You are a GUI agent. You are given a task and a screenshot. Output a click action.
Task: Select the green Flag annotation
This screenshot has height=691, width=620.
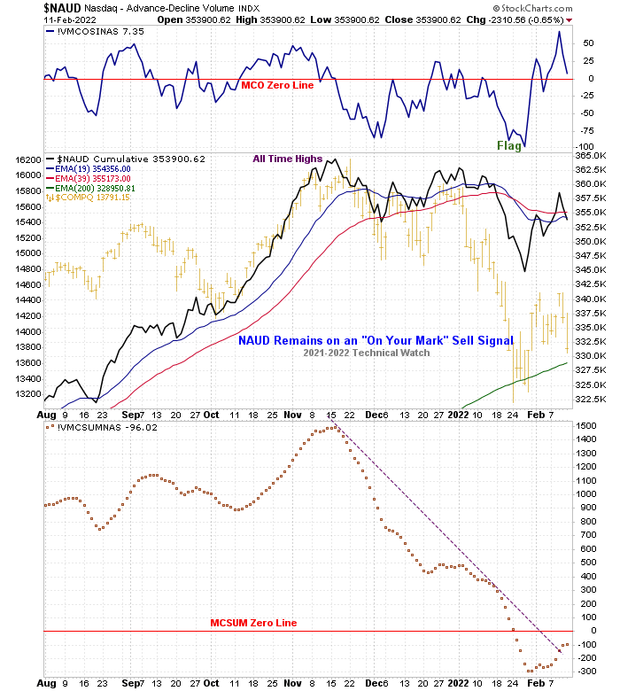click(509, 145)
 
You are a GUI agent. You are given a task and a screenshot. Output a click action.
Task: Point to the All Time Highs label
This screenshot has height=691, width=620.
click(288, 159)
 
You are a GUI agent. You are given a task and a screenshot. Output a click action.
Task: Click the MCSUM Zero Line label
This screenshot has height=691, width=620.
click(253, 623)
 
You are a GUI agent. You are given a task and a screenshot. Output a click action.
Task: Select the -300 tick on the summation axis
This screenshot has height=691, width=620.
click(588, 671)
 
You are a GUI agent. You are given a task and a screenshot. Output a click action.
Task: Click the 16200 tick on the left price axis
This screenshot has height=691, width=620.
click(27, 159)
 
